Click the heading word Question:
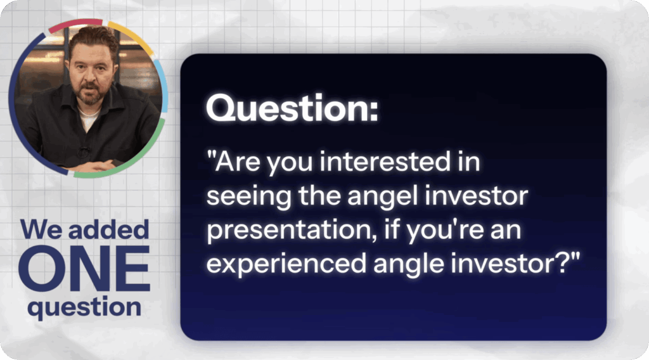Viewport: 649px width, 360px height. point(292,108)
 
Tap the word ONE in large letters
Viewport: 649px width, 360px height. point(84,268)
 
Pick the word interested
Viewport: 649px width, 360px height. point(385,162)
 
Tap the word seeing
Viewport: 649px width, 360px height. point(248,197)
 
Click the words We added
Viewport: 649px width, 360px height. point(84,229)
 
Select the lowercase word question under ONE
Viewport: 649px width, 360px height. point(84,308)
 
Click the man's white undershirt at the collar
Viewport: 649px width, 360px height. point(88,118)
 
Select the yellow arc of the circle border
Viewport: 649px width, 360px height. point(132,36)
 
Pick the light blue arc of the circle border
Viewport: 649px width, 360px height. point(163,85)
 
